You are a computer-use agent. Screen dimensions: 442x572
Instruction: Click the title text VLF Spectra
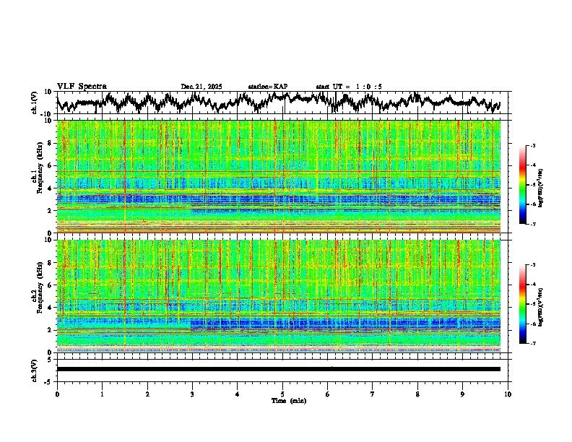(x=82, y=87)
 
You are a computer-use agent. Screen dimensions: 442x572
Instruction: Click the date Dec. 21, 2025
(x=201, y=87)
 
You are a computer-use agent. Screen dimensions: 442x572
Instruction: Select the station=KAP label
(x=267, y=87)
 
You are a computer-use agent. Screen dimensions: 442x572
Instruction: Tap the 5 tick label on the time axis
(x=282, y=394)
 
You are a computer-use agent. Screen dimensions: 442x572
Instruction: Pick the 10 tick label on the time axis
(x=508, y=394)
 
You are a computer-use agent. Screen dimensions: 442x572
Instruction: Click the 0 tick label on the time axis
(x=57, y=394)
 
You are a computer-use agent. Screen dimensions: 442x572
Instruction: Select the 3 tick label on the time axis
(x=192, y=394)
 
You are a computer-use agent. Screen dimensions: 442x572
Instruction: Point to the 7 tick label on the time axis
(x=373, y=394)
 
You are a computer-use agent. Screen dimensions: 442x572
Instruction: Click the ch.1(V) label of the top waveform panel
(x=34, y=103)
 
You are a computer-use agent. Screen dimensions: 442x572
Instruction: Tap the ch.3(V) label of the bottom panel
(x=34, y=369)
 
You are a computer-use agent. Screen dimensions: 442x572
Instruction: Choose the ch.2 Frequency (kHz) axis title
(x=37, y=295)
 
